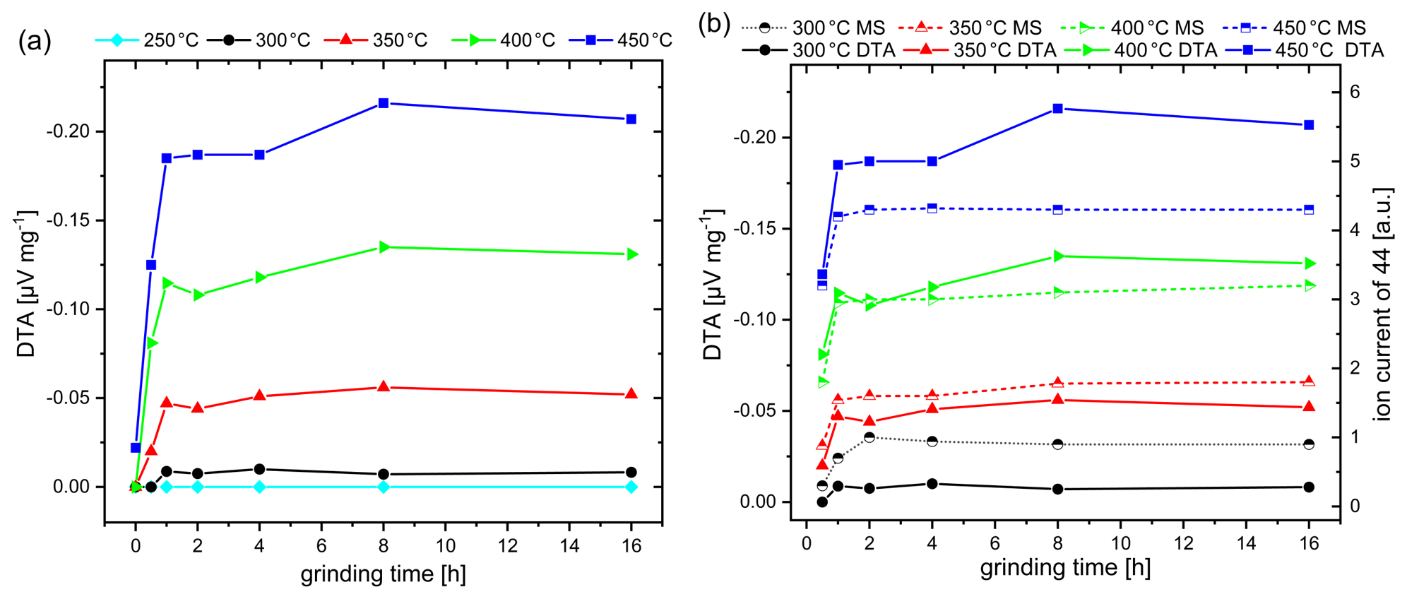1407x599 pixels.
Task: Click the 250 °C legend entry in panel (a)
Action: click(147, 40)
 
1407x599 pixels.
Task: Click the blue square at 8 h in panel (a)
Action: click(384, 103)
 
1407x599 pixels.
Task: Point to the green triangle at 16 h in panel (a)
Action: click(631, 254)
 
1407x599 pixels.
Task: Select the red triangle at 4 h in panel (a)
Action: click(259, 396)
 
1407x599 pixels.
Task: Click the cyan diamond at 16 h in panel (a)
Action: click(631, 487)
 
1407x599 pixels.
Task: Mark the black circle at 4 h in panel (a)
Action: click(259, 469)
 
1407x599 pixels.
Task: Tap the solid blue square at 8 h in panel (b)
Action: click(1058, 109)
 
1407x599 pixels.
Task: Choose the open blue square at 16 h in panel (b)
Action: click(1309, 210)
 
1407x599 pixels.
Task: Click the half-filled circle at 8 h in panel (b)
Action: click(1058, 444)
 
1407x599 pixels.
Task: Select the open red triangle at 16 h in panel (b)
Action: click(1309, 381)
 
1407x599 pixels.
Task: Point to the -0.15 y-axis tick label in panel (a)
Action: click(68, 220)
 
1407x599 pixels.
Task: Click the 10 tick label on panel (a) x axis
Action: click(446, 546)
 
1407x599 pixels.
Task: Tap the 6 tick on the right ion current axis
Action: click(1354, 93)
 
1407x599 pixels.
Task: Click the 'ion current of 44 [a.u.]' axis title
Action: click(1382, 304)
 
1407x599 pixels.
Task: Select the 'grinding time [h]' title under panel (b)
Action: click(1065, 567)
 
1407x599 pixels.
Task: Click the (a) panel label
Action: click(35, 41)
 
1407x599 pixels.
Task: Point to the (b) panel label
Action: click(714, 24)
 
